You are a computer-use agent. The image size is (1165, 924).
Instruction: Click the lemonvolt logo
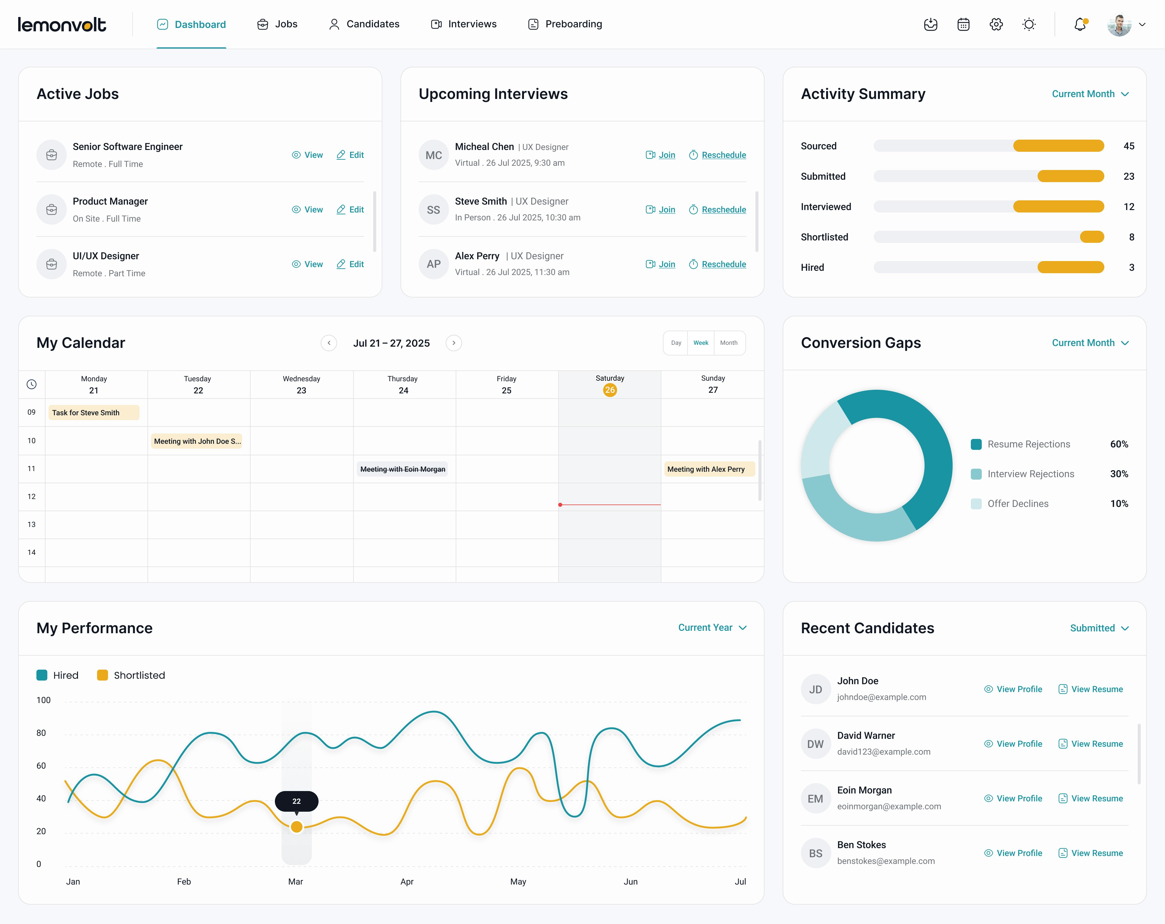(62, 24)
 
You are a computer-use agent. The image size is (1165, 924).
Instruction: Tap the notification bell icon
(1080, 24)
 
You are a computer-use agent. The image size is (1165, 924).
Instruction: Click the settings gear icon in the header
(996, 24)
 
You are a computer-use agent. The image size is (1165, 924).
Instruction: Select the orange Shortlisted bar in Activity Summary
(1092, 237)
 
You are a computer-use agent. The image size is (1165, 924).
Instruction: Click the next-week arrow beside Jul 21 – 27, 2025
(453, 343)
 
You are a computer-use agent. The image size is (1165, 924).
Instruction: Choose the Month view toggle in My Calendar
(728, 343)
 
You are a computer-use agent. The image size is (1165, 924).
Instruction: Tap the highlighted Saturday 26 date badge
(610, 390)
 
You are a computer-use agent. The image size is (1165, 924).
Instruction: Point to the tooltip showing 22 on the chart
(296, 801)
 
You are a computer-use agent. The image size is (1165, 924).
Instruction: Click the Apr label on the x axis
(406, 881)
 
